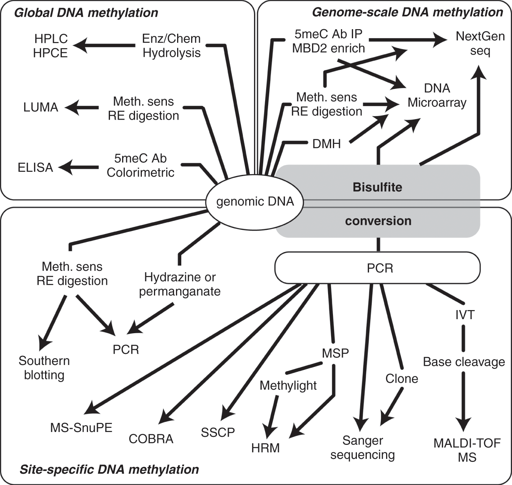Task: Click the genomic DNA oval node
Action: coord(255,202)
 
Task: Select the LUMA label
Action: coord(41,107)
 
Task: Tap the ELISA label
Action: coord(35,167)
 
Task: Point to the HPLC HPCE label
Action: coord(50,46)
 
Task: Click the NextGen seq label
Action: coord(480,44)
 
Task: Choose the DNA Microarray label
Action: coord(437,95)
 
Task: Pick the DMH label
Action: coord(327,144)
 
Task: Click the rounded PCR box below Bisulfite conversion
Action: coord(378,268)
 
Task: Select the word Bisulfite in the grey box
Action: coord(377,187)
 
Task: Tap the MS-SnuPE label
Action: coord(81,428)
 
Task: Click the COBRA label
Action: coord(151,439)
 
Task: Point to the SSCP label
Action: coord(218,432)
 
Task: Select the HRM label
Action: coord(265,448)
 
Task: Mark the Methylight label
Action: coord(288,385)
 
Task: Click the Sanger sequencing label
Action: coord(362,448)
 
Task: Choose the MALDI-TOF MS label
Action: coord(467,450)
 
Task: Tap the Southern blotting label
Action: coord(44,368)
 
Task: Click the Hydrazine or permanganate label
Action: coord(180,284)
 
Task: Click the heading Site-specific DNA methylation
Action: coord(109,469)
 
